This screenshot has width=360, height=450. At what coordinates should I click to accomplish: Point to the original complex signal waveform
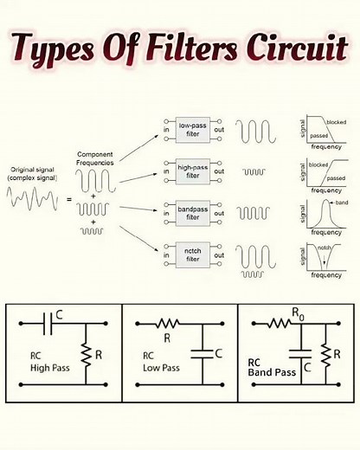34,200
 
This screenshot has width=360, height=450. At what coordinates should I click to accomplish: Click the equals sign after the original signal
70,199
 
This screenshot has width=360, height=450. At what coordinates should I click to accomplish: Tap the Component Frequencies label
96,158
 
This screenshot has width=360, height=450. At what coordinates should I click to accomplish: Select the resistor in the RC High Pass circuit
86,353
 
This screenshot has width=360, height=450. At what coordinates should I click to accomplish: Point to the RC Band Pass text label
272,369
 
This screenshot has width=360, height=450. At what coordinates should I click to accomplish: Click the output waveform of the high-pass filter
254,171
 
